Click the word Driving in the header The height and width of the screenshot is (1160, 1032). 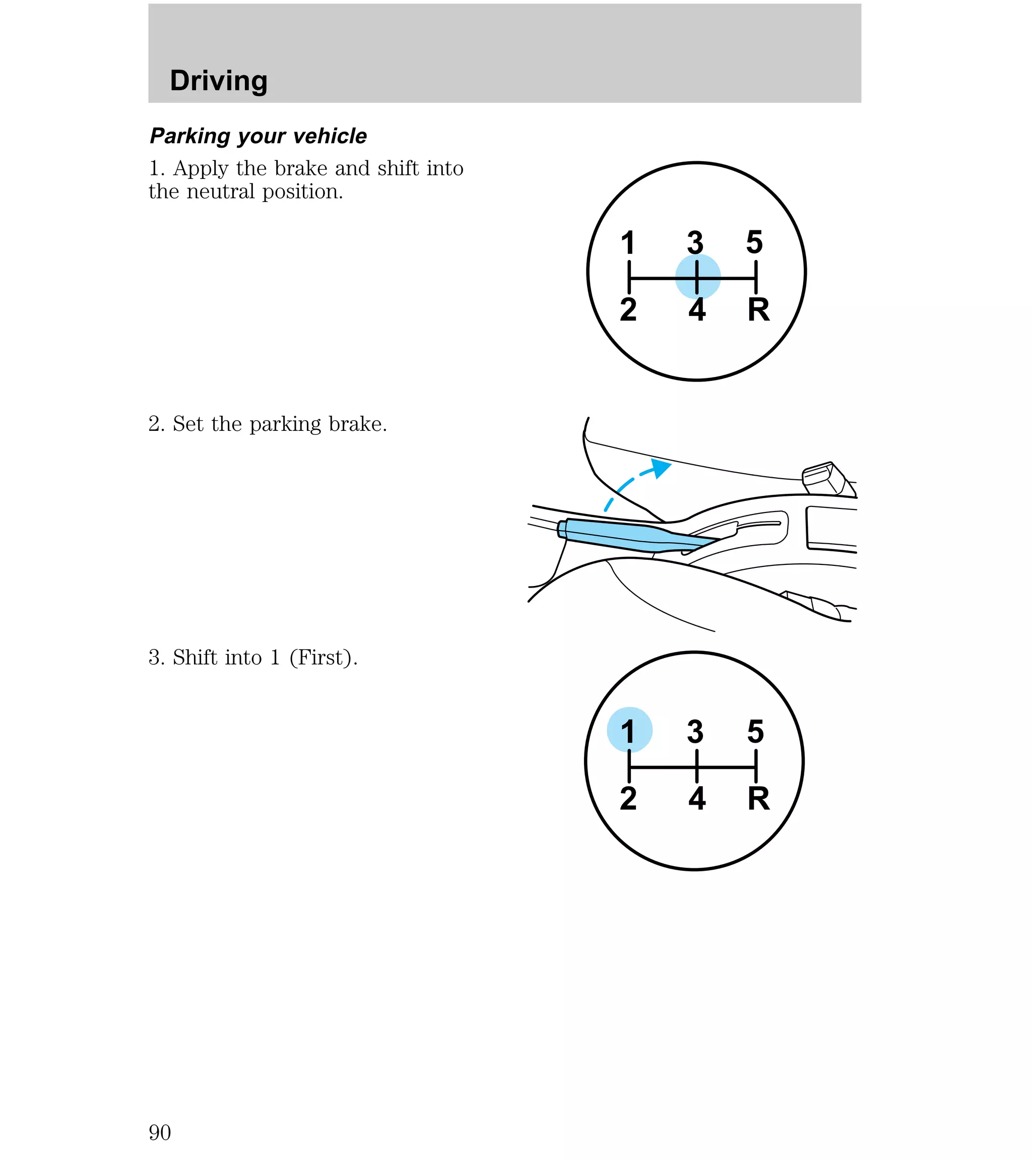pyautogui.click(x=219, y=81)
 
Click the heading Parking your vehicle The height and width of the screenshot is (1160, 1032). pyautogui.click(x=259, y=136)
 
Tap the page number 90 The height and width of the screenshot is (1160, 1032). pyautogui.click(x=160, y=1132)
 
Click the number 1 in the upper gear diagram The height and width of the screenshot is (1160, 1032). pyautogui.click(x=627, y=243)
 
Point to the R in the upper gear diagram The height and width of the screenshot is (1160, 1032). pyautogui.click(x=758, y=310)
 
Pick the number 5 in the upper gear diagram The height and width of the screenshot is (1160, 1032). pyautogui.click(x=754, y=242)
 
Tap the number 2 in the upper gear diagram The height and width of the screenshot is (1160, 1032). pyautogui.click(x=628, y=310)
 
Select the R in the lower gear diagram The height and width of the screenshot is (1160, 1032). pyautogui.click(x=758, y=799)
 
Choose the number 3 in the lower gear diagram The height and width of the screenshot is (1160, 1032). pyautogui.click(x=695, y=732)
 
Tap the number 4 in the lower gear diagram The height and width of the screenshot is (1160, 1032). pyautogui.click(x=696, y=799)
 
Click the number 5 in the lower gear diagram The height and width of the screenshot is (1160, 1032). pyautogui.click(x=755, y=732)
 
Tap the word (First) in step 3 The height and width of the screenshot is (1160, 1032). pyautogui.click(x=324, y=657)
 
